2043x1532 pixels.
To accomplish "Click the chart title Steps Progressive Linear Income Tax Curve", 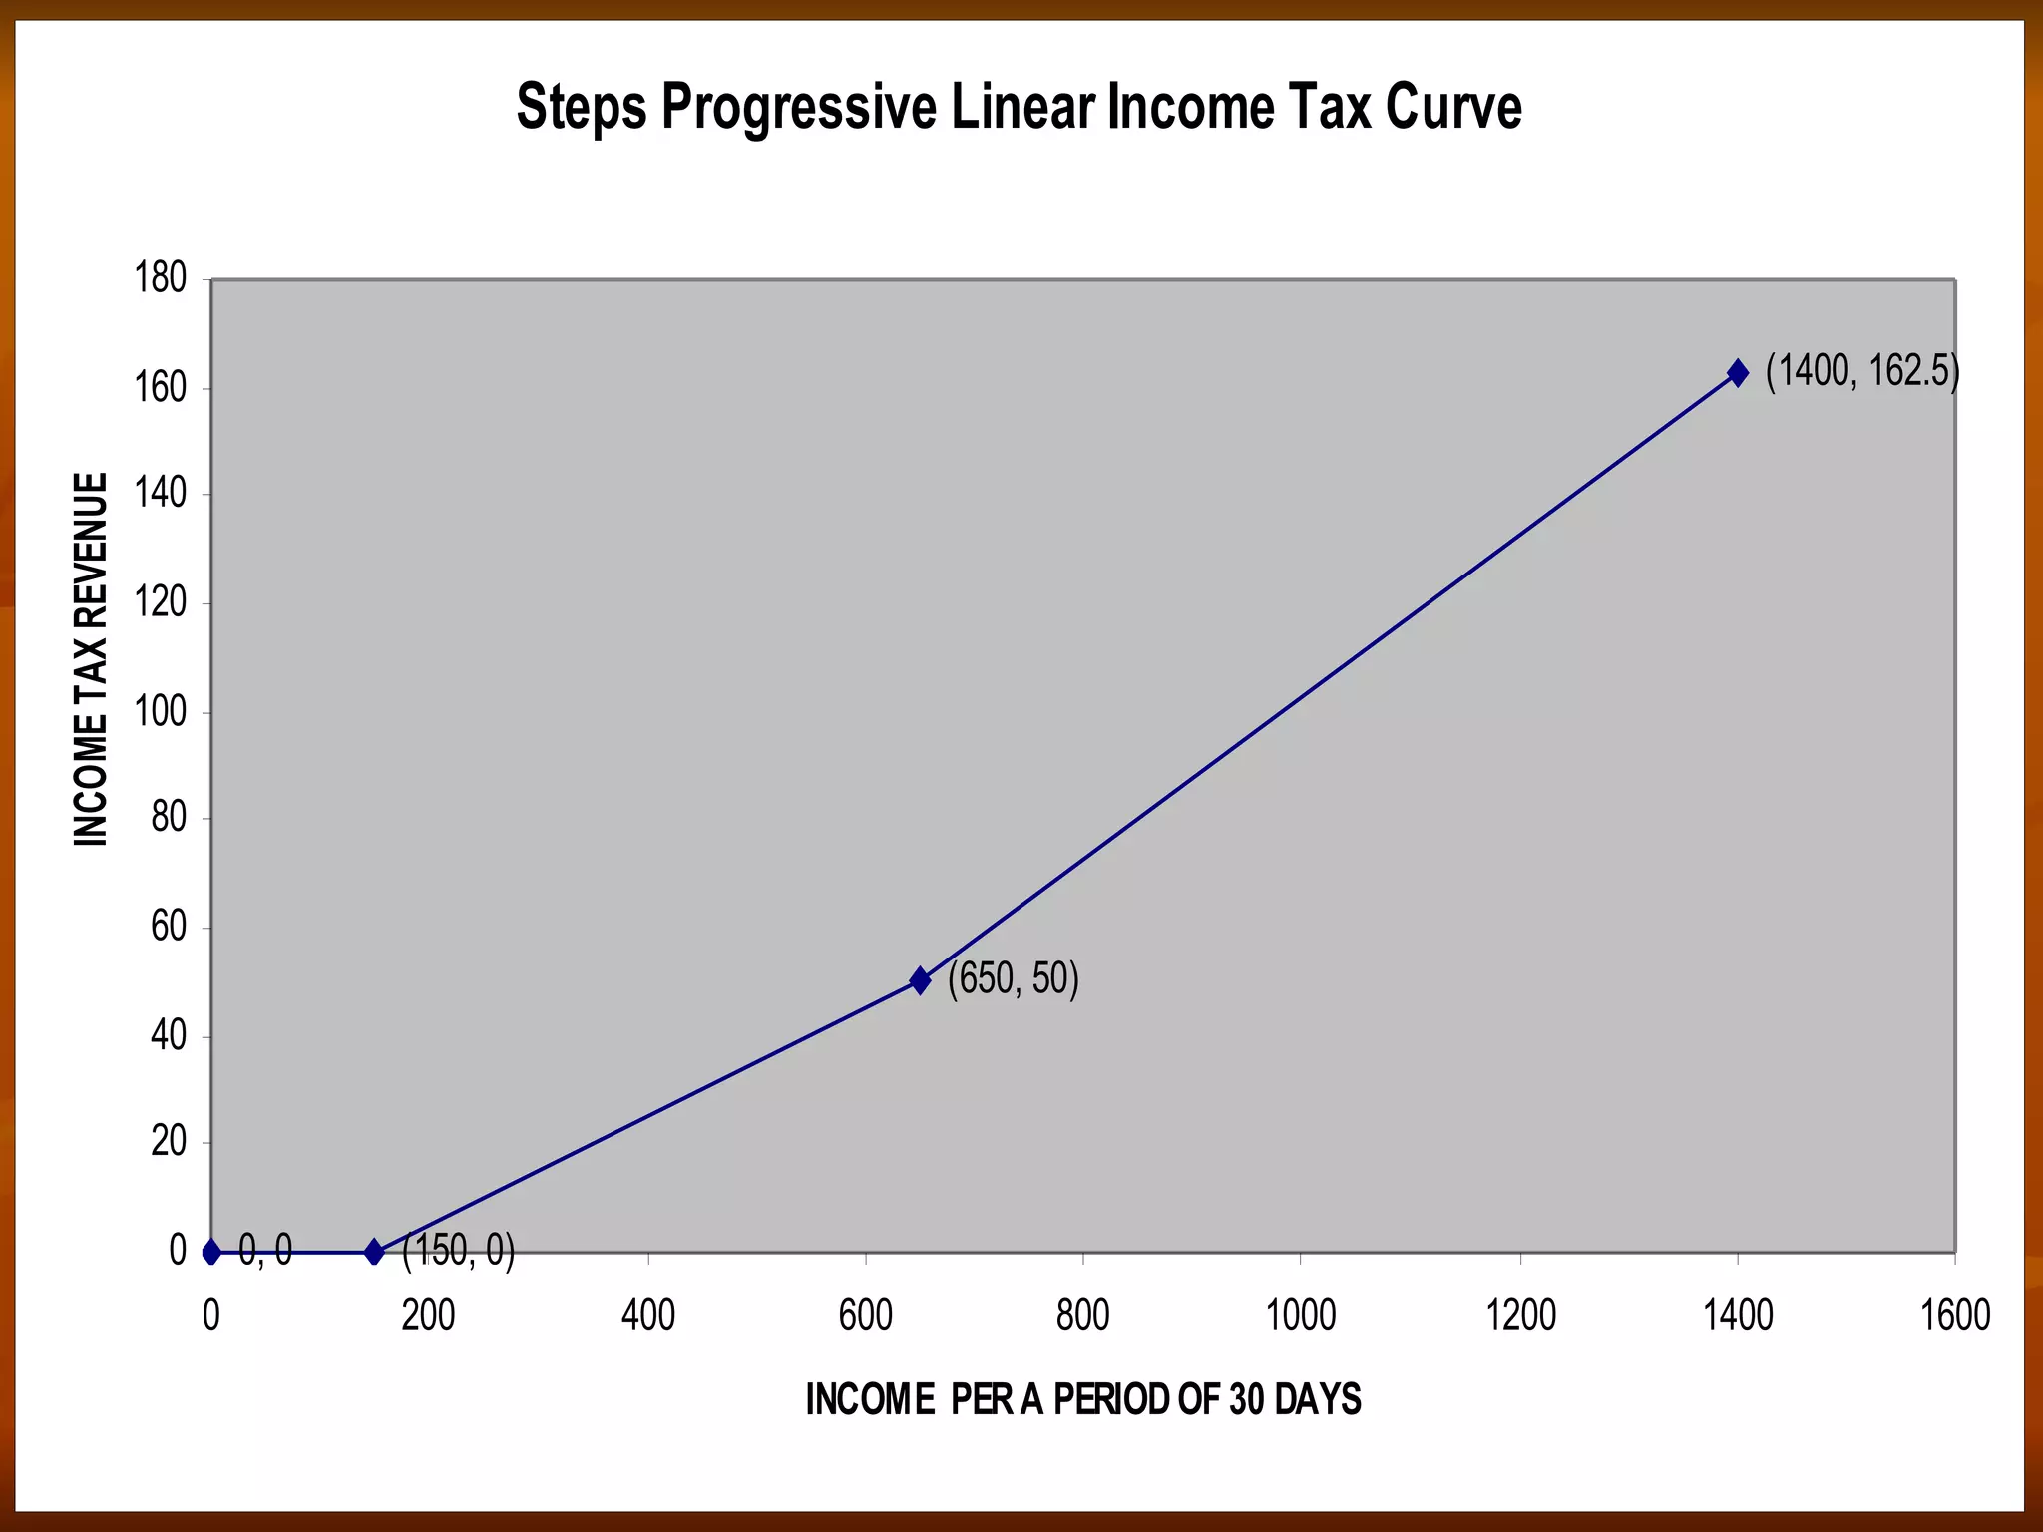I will coord(1019,107).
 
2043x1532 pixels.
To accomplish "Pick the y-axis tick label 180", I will coord(160,278).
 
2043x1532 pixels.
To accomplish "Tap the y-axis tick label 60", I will coord(169,927).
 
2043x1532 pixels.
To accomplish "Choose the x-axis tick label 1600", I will coord(1954,1316).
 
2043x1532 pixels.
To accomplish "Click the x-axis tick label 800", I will coord(1082,1316).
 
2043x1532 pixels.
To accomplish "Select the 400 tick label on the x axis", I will coord(648,1316).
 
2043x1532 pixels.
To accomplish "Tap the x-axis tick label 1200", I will coord(1520,1316).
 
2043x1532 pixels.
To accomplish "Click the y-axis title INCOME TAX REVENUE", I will coord(91,660).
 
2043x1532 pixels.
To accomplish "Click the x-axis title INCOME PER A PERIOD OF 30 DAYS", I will coord(1082,1400).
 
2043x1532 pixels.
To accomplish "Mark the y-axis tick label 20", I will coord(169,1142).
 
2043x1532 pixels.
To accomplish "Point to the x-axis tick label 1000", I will coord(1300,1316).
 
